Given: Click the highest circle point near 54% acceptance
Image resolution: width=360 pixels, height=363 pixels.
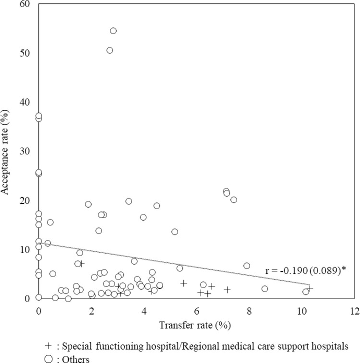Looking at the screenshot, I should pos(113,31).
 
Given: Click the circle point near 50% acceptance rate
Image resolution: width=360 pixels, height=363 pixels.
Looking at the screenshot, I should pos(109,50).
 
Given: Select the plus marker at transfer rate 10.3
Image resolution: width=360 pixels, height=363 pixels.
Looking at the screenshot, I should pos(310,289).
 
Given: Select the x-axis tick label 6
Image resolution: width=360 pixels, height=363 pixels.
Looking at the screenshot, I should pos(196,310).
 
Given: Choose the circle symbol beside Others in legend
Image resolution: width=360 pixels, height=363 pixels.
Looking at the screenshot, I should pos(46,358).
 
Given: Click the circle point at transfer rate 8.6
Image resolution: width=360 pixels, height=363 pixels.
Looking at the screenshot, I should pos(264,289).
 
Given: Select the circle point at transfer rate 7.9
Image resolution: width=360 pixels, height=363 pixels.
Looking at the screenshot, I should pos(247,266).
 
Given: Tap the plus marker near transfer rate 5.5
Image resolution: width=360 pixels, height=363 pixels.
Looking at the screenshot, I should pos(183,283).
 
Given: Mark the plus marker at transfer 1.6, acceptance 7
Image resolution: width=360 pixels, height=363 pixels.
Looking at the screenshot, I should pos(82,264).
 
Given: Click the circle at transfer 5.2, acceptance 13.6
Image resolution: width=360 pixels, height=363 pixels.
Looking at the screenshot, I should pos(175,232).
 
